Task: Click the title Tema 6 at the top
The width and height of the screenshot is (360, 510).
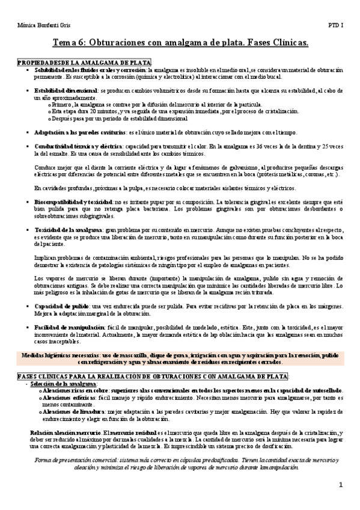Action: coord(180,43)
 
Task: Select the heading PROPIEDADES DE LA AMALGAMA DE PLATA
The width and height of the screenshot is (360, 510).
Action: coord(84,63)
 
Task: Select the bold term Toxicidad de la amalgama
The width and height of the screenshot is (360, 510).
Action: coord(69,230)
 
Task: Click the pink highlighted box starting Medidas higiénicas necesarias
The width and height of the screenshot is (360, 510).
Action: coord(180,358)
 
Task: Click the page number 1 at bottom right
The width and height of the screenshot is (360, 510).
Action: coord(340,485)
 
